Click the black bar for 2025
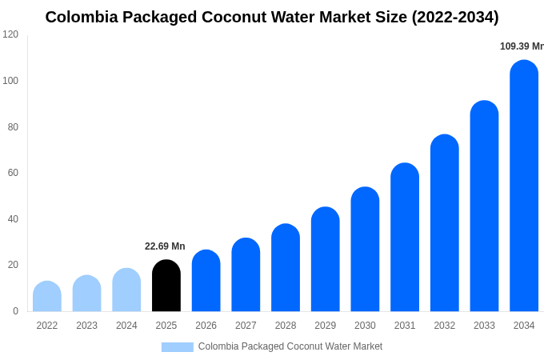pyautogui.click(x=166, y=286)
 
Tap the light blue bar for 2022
pyautogui.click(x=47, y=297)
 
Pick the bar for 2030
pyautogui.click(x=365, y=250)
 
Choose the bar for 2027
pyautogui.click(x=246, y=275)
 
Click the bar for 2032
pyautogui.click(x=445, y=223)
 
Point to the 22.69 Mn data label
pyautogui.click(x=165, y=246)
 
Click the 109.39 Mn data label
pyautogui.click(x=522, y=46)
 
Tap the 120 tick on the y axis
pyautogui.click(x=10, y=34)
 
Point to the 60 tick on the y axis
pyautogui.click(x=13, y=173)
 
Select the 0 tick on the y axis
pyautogui.click(x=15, y=311)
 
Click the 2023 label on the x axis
pyautogui.click(x=86, y=326)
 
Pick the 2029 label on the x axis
pyautogui.click(x=325, y=326)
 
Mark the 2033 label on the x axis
pyautogui.click(x=484, y=326)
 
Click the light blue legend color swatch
pyautogui.click(x=177, y=347)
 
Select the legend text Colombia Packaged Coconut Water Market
pyautogui.click(x=290, y=346)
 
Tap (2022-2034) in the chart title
pyautogui.click(x=455, y=17)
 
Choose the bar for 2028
pyautogui.click(x=286, y=268)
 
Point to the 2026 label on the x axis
pyautogui.click(x=206, y=326)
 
